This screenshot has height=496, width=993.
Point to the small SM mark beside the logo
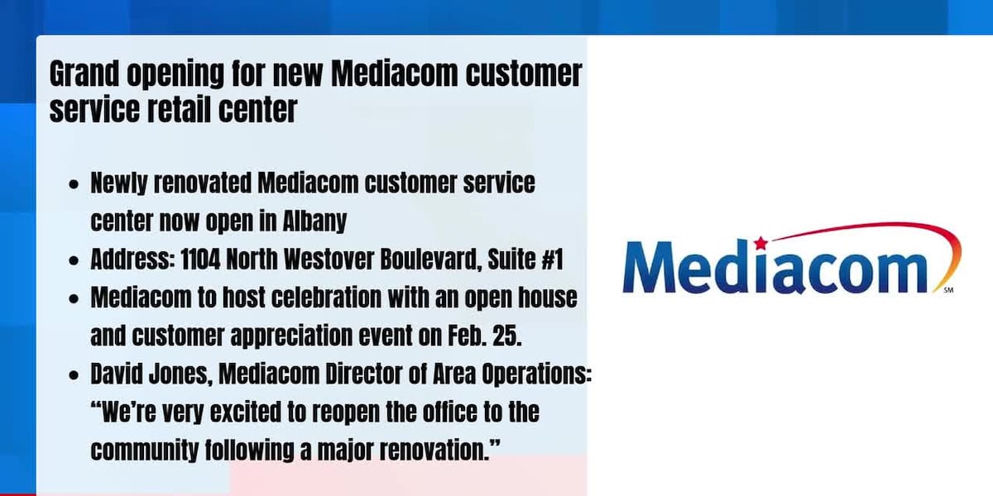[948, 291]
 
